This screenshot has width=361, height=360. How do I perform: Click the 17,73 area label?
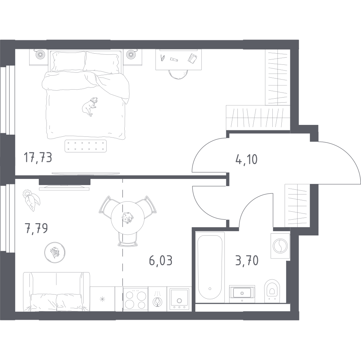pos(38,157)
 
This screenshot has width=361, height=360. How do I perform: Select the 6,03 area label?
pos(161,260)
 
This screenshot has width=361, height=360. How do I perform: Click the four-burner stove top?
pos(135,300)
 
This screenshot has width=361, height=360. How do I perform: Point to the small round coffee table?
pos(55,252)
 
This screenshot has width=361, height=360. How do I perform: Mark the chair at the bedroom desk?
pos(178,74)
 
